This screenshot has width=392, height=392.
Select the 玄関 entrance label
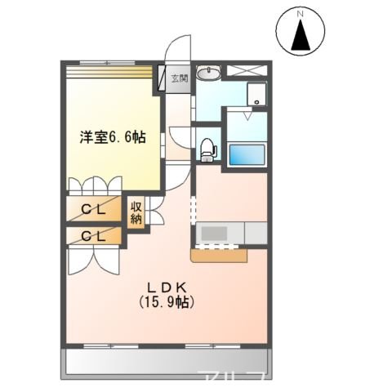179,78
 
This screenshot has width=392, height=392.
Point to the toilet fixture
207,150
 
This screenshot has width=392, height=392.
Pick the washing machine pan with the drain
258,94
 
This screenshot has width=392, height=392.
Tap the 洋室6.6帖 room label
113,138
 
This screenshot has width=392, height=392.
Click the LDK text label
168,287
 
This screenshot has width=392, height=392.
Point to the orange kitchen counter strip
219,256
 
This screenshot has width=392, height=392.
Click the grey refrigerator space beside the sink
256,234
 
